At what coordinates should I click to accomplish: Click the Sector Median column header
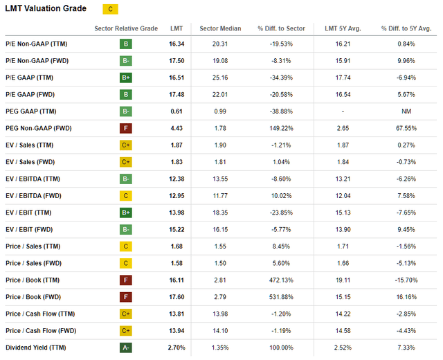pos(220,28)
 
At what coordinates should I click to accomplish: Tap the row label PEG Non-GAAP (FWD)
pos(39,128)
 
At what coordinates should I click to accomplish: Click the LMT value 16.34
pos(177,44)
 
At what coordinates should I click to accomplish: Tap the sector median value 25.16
pos(220,78)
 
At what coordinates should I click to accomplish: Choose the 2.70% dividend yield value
pos(177,348)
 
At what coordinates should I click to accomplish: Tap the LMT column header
pos(177,28)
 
